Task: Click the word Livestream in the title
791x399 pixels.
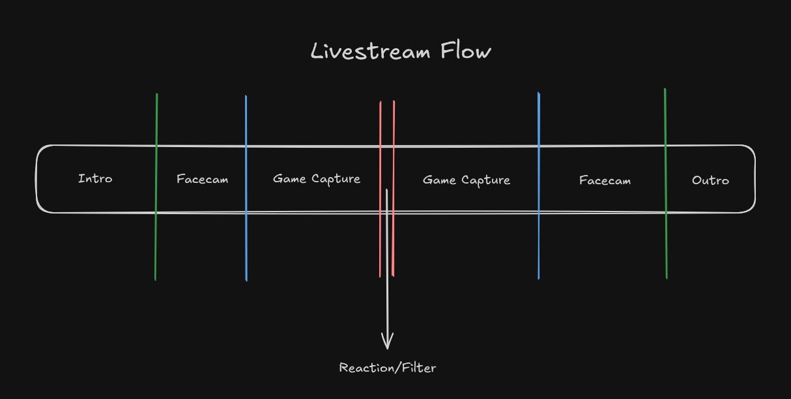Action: coord(371,51)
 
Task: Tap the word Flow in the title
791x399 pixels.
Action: coord(466,51)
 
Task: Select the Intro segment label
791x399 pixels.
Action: coord(95,178)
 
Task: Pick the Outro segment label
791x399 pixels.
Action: coord(710,180)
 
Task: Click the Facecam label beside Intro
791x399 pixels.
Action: coord(202,179)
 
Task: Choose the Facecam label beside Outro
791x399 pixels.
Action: coord(605,180)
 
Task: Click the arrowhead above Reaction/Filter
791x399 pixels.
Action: coord(387,341)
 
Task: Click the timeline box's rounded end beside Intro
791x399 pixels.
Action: coord(38,179)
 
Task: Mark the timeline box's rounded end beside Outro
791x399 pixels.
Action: coord(755,179)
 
